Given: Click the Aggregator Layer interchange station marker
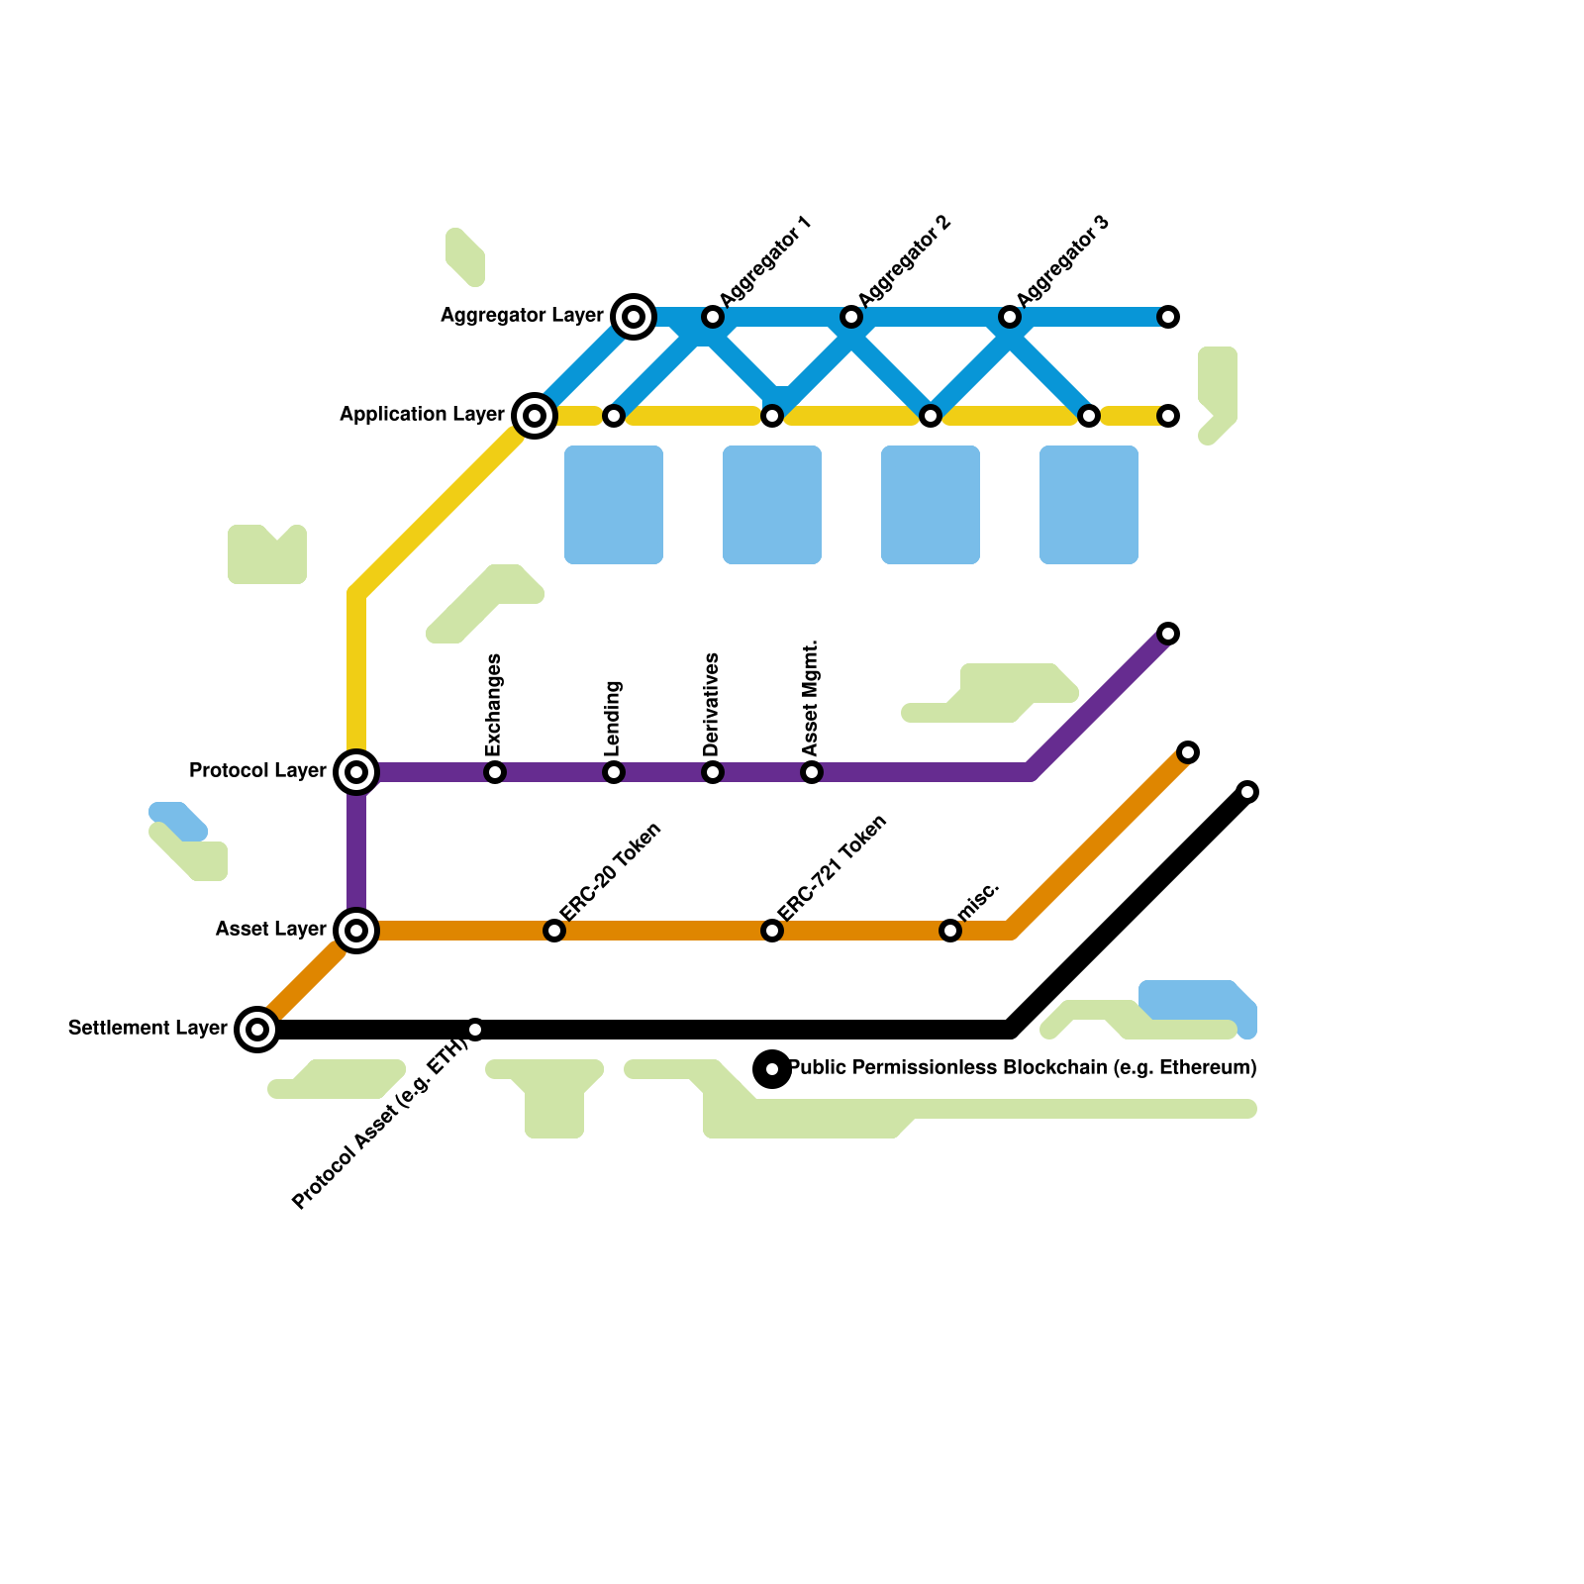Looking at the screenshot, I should click(634, 317).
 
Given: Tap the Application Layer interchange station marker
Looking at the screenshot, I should click(535, 416).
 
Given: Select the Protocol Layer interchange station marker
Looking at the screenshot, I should click(356, 772).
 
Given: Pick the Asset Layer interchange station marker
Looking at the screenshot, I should click(356, 931).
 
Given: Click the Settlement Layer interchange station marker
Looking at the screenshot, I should click(257, 1030).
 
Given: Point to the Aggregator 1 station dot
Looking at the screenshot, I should click(713, 317).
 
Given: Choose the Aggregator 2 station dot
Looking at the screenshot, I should click(851, 317).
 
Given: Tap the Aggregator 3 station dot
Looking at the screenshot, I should click(1010, 317).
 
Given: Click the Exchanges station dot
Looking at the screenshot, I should click(495, 772).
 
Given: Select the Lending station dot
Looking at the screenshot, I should click(614, 772).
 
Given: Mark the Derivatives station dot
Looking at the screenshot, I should click(713, 772).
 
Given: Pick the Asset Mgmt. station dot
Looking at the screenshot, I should click(812, 772).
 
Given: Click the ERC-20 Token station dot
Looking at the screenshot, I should click(554, 931).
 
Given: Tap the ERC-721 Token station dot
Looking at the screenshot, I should click(772, 931).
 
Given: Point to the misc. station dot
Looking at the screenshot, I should click(950, 931).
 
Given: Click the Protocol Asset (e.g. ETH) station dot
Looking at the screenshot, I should click(475, 1030).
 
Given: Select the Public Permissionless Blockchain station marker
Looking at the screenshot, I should click(772, 1069).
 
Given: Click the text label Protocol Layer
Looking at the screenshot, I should click(257, 770).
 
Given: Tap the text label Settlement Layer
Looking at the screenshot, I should click(148, 1028).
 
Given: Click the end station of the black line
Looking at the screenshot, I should click(1247, 792).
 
